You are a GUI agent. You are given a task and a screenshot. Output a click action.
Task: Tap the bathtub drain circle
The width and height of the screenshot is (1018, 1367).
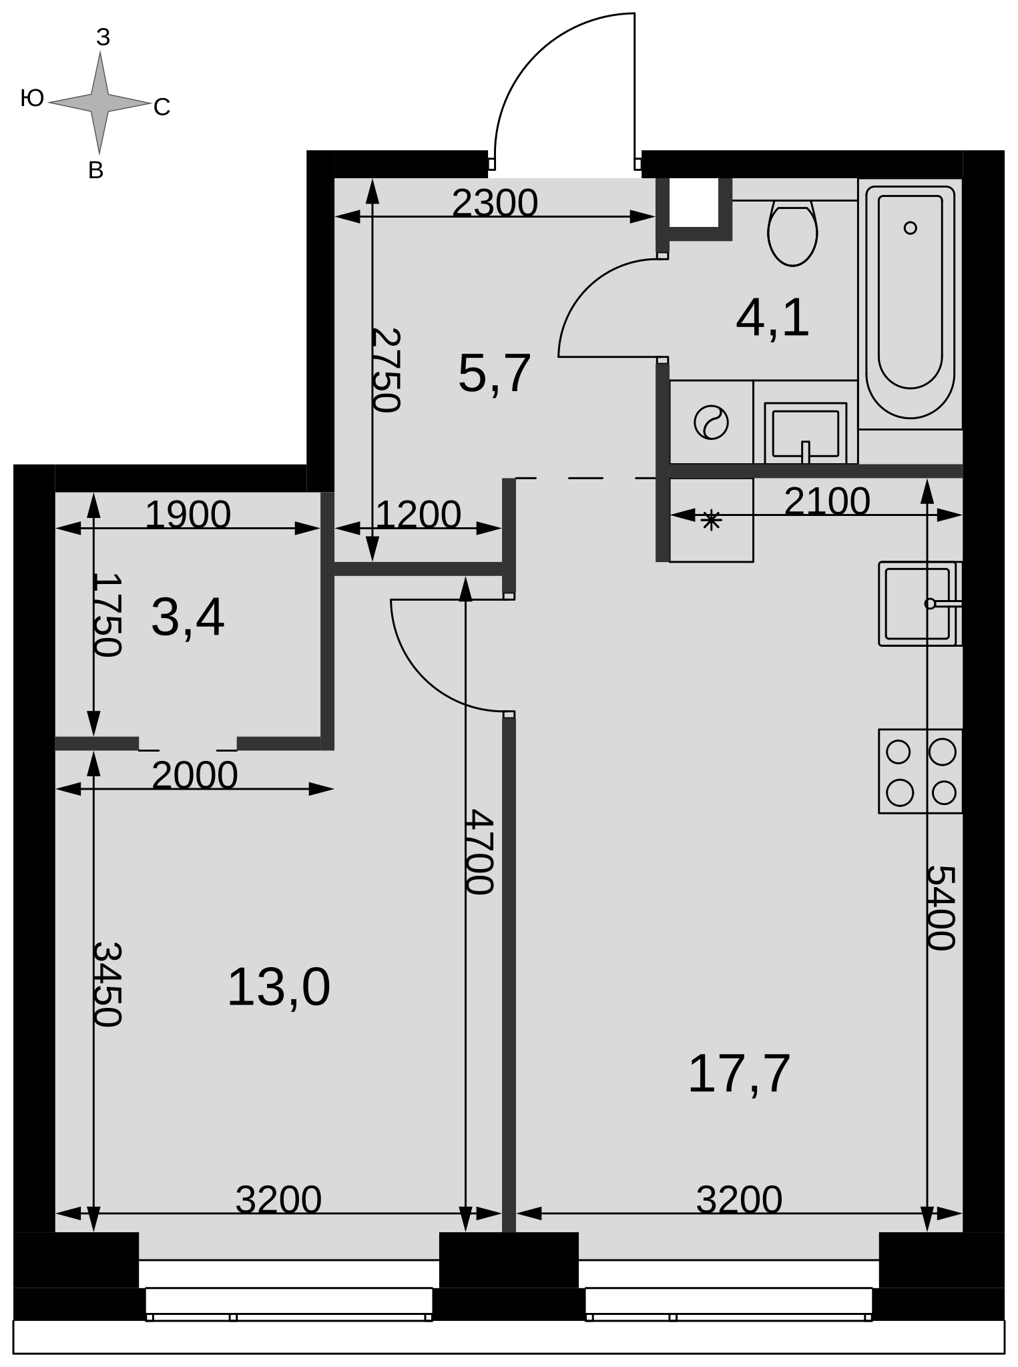[910, 228]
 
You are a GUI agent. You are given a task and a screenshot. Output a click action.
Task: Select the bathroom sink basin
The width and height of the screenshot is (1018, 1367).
[805, 433]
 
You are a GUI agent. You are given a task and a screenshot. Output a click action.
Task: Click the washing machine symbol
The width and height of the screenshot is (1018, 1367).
[711, 423]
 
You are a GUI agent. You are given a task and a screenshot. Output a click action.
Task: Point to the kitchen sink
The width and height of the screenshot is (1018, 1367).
[920, 603]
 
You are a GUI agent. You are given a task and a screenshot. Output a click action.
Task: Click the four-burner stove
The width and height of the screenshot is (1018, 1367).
[920, 771]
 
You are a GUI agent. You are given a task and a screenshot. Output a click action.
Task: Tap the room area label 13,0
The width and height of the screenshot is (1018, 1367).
[278, 988]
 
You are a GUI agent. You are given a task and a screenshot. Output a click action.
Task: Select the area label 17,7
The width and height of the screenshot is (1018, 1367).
[739, 1074]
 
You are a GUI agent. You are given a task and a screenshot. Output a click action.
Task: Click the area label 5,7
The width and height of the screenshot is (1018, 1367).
[495, 373]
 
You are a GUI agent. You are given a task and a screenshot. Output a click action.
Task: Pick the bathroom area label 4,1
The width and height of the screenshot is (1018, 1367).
[772, 318]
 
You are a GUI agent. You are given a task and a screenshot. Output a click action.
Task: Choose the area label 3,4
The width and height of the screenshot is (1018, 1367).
[188, 617]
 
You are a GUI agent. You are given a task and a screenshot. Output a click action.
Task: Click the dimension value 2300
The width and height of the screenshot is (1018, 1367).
[495, 203]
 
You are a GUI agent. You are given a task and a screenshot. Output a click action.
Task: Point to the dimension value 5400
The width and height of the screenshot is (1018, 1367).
[942, 908]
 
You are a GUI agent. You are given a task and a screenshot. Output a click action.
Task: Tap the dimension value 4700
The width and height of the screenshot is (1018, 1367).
[479, 852]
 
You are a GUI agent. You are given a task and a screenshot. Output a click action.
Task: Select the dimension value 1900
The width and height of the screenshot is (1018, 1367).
[188, 515]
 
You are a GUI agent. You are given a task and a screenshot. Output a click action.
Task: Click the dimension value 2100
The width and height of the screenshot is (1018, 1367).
[827, 501]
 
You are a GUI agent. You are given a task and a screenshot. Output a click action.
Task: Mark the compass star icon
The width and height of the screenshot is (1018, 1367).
[99, 103]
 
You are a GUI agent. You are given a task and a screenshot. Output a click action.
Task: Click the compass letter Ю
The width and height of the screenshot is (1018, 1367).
[32, 99]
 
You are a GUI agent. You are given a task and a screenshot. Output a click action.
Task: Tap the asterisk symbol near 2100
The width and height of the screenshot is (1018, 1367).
[712, 519]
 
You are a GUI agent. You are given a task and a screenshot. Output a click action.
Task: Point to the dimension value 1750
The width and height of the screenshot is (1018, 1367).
[107, 615]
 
